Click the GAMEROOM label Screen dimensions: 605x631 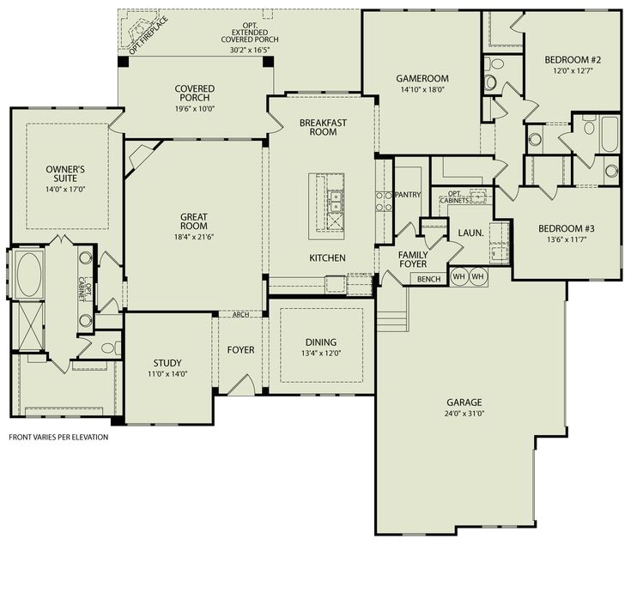(x=422, y=79)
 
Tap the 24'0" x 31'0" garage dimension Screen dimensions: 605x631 (x=464, y=414)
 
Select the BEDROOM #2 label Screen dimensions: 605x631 (x=572, y=60)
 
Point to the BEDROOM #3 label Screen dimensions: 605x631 (x=566, y=228)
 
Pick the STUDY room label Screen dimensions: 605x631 (x=167, y=363)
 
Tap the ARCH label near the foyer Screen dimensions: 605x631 (x=240, y=314)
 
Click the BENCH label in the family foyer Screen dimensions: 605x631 (x=428, y=279)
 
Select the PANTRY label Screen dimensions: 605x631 (x=408, y=195)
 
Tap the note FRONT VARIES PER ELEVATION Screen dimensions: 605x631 (x=58, y=437)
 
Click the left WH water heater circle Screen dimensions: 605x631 (x=458, y=277)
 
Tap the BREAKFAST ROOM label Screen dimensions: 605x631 (x=323, y=128)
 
